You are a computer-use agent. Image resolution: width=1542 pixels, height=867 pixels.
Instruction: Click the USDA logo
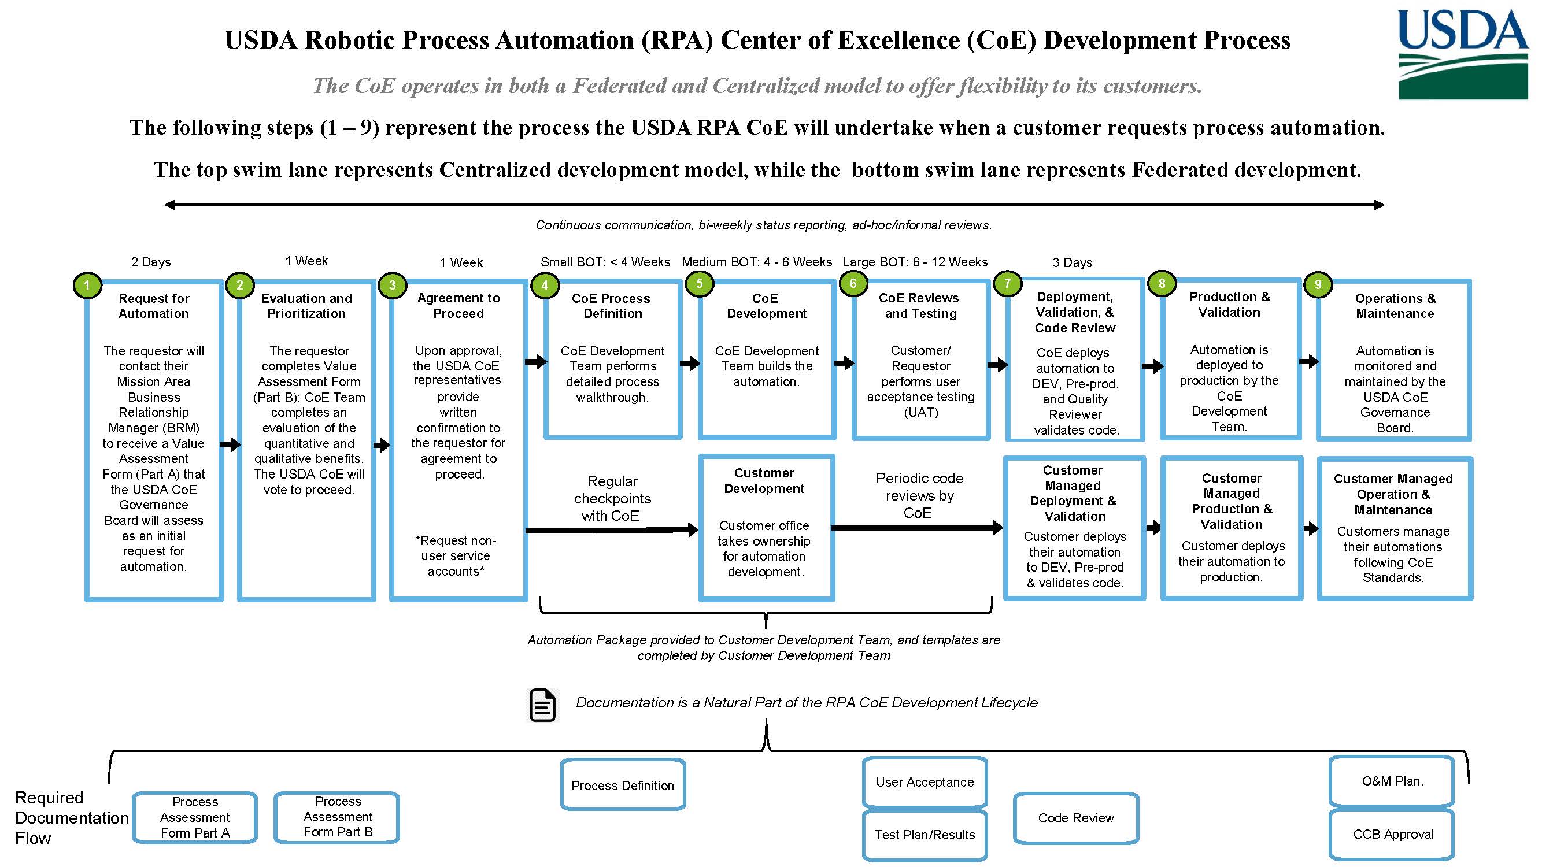(x=1462, y=54)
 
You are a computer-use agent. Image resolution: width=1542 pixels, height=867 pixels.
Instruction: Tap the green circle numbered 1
(x=87, y=286)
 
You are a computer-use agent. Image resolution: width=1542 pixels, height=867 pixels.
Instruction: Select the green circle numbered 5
(x=698, y=284)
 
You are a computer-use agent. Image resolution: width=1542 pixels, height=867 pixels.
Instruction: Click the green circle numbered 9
(x=1317, y=285)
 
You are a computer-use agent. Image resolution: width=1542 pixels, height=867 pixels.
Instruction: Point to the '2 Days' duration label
(x=151, y=262)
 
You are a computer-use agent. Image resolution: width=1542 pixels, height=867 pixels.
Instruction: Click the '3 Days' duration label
(x=1072, y=262)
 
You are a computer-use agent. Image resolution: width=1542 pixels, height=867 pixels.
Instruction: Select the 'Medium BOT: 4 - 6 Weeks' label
(x=757, y=262)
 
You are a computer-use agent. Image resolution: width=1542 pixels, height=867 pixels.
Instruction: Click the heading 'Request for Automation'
(x=154, y=306)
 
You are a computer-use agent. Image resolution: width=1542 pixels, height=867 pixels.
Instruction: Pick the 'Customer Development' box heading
(x=764, y=481)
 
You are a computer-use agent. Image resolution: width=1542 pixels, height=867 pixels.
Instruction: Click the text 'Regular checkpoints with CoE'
(x=612, y=498)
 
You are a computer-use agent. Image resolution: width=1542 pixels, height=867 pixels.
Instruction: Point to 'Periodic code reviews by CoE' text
(x=919, y=495)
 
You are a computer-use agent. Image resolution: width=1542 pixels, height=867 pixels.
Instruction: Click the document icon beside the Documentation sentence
(x=542, y=705)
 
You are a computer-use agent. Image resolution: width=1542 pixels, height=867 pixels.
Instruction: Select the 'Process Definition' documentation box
(x=623, y=785)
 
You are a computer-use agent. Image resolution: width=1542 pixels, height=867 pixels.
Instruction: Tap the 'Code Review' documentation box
(x=1075, y=818)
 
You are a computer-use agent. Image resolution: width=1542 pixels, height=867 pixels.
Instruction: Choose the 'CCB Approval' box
(x=1393, y=834)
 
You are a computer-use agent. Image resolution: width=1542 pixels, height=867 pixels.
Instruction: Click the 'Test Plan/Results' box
(x=925, y=835)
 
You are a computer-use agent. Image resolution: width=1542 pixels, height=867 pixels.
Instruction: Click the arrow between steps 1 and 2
(x=230, y=444)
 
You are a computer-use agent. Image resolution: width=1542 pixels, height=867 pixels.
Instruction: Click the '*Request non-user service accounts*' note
(x=456, y=556)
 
